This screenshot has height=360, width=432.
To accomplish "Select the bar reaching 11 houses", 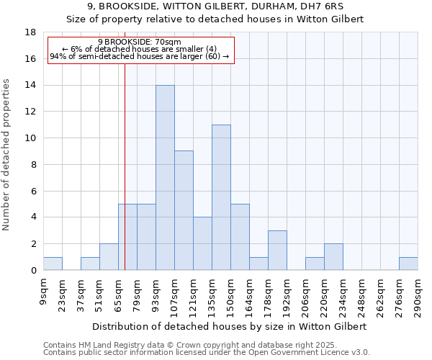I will [221, 197].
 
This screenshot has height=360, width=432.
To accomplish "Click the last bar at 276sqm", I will [408, 264].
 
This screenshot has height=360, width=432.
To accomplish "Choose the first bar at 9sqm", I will [53, 264].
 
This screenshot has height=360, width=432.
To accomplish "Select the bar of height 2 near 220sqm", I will [333, 257].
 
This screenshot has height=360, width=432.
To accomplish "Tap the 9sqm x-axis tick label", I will [44, 291].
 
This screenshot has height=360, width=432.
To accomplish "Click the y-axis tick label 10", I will [30, 138].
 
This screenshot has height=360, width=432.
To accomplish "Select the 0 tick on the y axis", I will [33, 270].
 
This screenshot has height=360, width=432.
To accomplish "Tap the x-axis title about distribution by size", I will [230, 326].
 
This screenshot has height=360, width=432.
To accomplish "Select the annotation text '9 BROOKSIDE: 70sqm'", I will [140, 42].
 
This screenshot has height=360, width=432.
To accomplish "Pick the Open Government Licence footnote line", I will [206, 353].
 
